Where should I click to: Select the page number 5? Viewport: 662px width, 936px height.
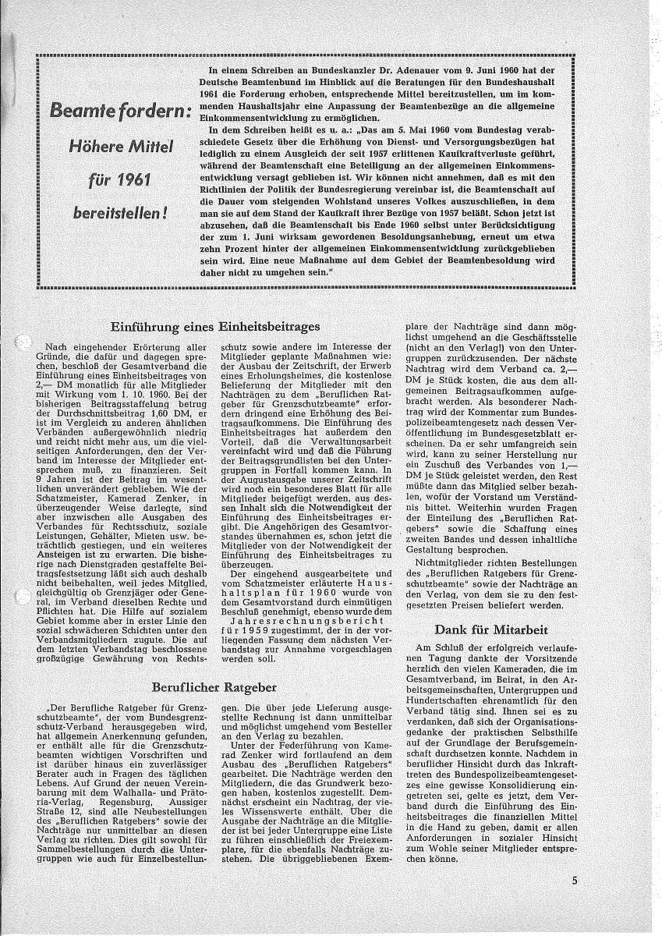[x=573, y=882]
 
